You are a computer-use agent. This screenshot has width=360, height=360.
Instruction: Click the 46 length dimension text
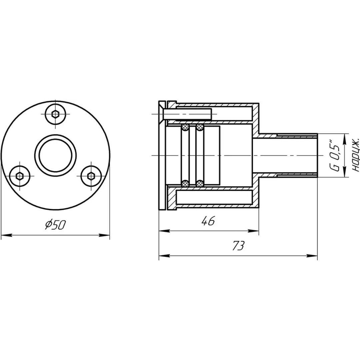pyautogui.click(x=208, y=221)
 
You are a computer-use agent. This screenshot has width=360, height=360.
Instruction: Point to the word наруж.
pyautogui.click(x=356, y=155)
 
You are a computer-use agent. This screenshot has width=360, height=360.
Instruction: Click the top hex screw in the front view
pyautogui.click(x=56, y=114)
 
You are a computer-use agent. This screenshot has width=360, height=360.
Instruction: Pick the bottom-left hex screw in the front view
pyautogui.click(x=19, y=176)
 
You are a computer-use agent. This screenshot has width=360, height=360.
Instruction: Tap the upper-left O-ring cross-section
pyautogui.click(x=185, y=127)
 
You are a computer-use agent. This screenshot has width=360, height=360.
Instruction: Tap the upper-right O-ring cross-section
pyautogui.click(x=200, y=127)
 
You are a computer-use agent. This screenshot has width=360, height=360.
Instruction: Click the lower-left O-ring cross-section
pyautogui.click(x=185, y=183)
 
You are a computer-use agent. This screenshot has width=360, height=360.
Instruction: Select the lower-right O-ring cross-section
pyautogui.click(x=200, y=183)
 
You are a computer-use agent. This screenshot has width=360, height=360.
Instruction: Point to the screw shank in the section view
pyautogui.click(x=188, y=114)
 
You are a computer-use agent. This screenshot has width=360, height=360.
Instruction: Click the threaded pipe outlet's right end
pyautogui.click(x=316, y=155)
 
